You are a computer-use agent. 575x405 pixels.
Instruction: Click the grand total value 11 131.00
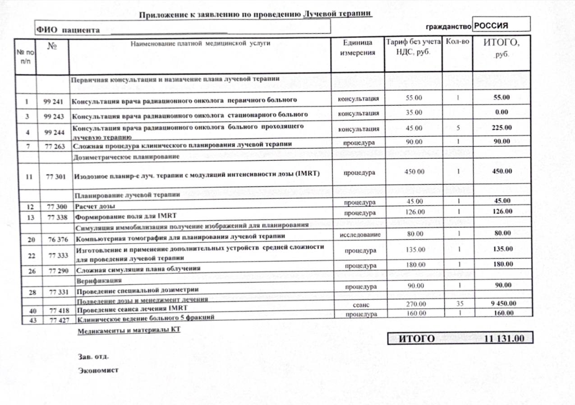(x=504, y=339)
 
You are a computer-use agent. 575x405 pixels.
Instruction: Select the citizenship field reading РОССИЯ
(x=491, y=26)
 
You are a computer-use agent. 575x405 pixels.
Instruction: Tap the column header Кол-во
(x=457, y=42)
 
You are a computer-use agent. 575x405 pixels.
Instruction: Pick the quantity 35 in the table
(x=457, y=303)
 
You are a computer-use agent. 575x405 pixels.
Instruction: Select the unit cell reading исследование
(x=359, y=234)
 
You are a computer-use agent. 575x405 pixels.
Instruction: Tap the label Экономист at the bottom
(x=98, y=371)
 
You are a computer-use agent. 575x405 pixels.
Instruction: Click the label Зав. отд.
(x=93, y=356)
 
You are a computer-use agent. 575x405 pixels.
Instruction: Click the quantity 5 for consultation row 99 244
(x=457, y=128)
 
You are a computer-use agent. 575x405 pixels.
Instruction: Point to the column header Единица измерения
(x=358, y=47)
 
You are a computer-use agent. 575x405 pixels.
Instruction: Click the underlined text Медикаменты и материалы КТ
(x=129, y=330)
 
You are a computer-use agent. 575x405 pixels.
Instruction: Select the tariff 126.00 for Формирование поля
(x=414, y=212)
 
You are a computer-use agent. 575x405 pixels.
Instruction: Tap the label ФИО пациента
(x=68, y=30)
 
